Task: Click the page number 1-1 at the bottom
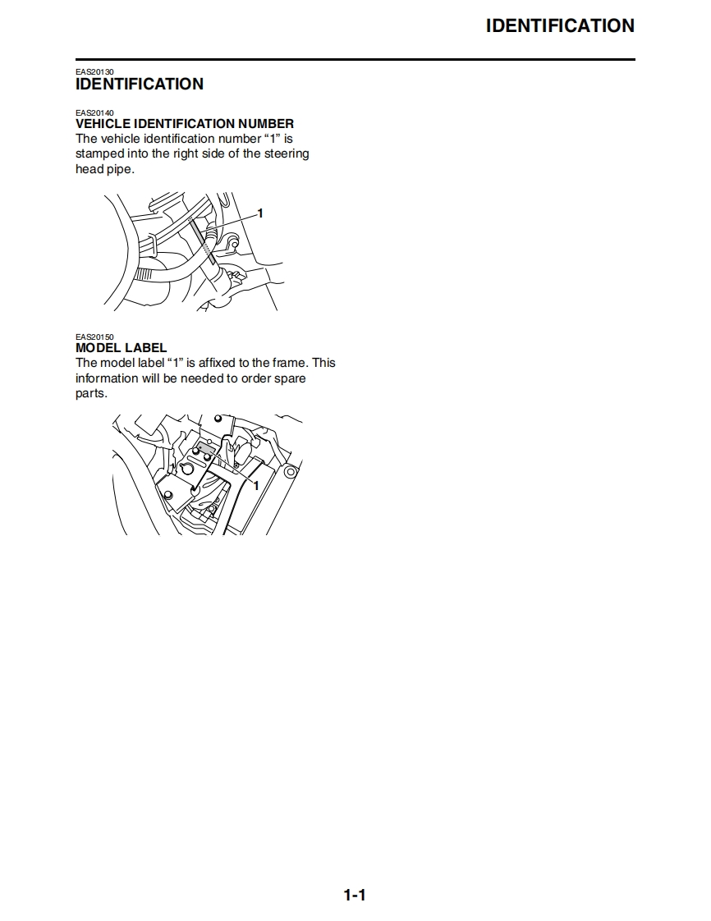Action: coord(355,896)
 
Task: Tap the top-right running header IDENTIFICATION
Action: coord(560,25)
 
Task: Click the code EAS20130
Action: coord(94,71)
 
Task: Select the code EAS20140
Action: coord(94,112)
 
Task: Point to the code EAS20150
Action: coord(94,337)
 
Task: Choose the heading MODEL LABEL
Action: coord(121,348)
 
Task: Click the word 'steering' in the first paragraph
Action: coord(287,153)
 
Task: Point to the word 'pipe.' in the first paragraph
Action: coord(120,169)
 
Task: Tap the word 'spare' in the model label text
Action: coord(290,379)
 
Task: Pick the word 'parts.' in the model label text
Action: coord(92,393)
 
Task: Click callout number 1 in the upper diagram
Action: coord(260,213)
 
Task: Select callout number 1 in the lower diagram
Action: coord(255,486)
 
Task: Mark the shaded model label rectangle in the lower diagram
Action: coord(206,449)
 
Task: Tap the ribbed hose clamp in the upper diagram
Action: coord(144,273)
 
